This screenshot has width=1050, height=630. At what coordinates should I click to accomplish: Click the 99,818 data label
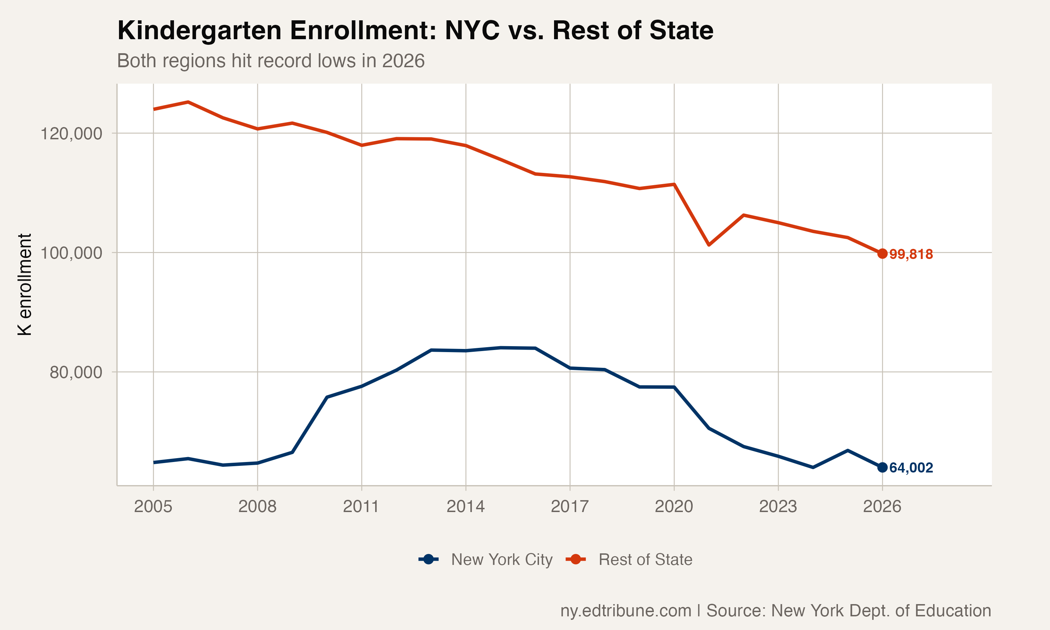click(x=911, y=254)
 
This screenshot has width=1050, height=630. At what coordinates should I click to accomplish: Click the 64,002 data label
click(x=911, y=468)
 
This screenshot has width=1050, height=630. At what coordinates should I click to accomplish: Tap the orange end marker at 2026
click(x=882, y=253)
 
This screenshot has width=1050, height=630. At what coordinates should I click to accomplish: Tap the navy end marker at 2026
click(x=882, y=467)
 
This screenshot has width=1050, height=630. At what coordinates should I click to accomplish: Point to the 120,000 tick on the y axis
click(x=71, y=134)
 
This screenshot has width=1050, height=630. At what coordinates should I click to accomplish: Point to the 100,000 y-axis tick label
click(x=71, y=253)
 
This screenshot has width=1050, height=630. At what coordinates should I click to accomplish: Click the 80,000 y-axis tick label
click(x=76, y=372)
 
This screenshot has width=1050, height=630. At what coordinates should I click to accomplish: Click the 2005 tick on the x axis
click(x=153, y=506)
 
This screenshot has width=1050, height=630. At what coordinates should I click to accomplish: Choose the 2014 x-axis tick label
click(x=465, y=506)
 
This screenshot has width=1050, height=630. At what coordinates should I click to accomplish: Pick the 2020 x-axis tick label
click(x=674, y=506)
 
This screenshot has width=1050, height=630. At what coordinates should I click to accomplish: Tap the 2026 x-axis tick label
click(x=882, y=506)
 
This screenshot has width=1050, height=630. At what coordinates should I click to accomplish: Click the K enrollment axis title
click(x=24, y=285)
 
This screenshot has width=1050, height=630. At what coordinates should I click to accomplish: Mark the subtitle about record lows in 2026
click(x=271, y=61)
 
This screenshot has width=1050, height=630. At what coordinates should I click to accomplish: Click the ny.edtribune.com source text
click(x=625, y=610)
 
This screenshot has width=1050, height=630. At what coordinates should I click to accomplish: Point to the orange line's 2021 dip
click(x=709, y=245)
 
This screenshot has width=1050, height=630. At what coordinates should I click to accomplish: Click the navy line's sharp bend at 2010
click(x=327, y=397)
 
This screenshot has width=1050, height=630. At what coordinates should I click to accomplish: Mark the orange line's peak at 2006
click(x=188, y=102)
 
